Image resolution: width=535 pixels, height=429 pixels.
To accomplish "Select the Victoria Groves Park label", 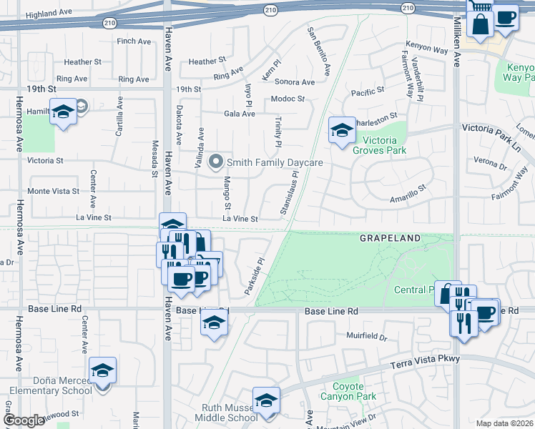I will (x=383, y=145).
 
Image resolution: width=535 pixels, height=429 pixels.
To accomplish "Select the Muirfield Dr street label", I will (x=366, y=337).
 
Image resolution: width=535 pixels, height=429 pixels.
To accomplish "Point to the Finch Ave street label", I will (x=134, y=41).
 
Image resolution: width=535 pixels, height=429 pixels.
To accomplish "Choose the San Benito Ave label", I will (x=318, y=51).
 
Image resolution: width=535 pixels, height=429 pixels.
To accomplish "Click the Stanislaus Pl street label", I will (x=290, y=193).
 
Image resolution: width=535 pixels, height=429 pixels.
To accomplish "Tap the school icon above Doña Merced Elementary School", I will (x=103, y=370).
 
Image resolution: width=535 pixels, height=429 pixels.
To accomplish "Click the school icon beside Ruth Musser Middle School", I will (x=266, y=400).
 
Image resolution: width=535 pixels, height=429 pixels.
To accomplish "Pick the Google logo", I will (x=24, y=420).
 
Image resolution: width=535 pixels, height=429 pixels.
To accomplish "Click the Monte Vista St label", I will (x=53, y=191).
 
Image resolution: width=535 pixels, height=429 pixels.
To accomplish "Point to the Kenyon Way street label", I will (x=428, y=47).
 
